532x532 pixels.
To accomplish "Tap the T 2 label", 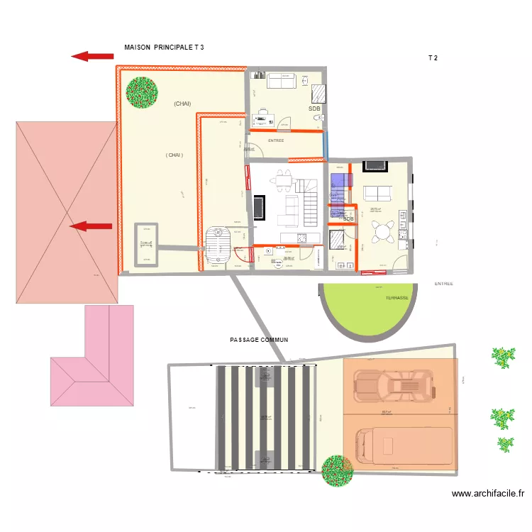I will (432, 58).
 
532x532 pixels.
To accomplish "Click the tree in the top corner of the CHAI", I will (142, 92).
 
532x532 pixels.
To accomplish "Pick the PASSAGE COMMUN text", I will (259, 340).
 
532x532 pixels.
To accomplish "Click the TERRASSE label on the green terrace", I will (397, 298).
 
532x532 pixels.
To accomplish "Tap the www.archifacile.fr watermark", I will (487, 494).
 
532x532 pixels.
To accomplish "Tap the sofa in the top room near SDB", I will (282, 82).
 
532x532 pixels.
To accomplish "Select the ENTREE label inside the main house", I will (276, 140).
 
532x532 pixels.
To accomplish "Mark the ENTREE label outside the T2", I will (443, 284).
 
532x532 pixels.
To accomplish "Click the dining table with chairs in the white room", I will (284, 181).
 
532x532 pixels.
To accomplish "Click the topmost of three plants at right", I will (503, 355).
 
